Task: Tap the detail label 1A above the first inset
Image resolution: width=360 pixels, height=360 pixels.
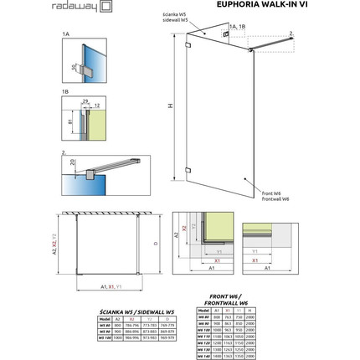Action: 66,36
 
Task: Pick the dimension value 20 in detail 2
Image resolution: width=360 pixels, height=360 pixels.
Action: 74,162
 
